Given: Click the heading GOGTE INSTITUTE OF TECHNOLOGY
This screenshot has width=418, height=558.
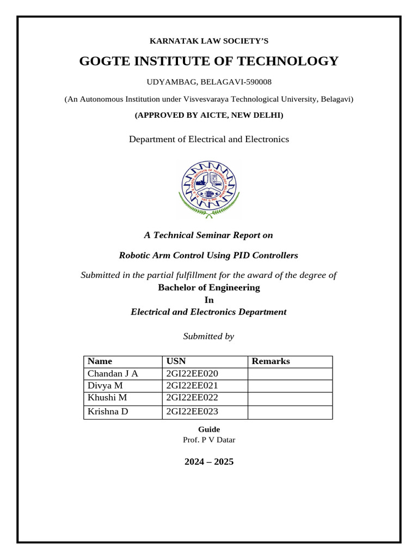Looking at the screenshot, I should pos(209,61).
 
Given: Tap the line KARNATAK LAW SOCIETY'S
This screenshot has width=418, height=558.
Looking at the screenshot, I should pos(209,41).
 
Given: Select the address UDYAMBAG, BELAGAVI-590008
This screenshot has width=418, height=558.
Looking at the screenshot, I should pos(209,82).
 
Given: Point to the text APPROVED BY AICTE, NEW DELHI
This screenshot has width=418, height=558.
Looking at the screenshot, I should pos(209,116).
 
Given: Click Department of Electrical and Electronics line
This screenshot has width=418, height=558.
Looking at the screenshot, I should pos(209,139).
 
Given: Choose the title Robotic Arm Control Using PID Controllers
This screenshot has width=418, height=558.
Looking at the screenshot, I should pos(209,255).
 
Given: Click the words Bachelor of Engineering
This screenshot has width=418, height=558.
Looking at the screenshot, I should pos(209,287).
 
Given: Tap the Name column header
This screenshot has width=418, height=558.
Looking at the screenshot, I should pos(100,361).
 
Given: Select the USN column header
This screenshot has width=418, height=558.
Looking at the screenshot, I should pos(176,361).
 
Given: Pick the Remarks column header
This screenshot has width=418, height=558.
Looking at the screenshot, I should pos(271,361).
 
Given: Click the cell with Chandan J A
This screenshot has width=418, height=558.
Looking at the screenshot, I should pos(113,373).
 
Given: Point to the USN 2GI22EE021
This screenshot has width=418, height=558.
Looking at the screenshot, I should pos(192,386).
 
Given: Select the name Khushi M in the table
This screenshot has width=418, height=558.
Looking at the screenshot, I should pos(107,398).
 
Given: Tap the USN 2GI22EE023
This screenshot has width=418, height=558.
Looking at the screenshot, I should pos(192,411).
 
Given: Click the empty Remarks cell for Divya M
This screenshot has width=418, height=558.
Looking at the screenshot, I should pos(290,386).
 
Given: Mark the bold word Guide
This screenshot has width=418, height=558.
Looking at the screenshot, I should pos(209,429).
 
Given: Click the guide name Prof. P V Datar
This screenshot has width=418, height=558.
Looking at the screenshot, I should pos(209,440).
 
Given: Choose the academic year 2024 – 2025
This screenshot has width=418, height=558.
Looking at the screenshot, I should pos(209,462).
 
